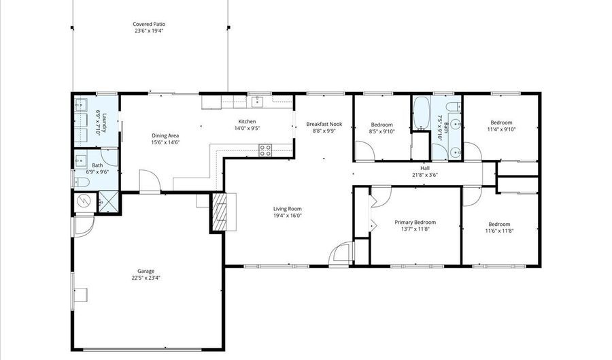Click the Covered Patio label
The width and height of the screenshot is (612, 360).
148,24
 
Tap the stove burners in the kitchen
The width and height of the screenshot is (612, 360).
265,149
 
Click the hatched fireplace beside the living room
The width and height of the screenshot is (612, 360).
220,212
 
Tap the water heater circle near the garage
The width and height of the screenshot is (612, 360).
84,201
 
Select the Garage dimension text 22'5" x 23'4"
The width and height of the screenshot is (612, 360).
146,278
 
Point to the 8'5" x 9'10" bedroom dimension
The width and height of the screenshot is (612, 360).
381,132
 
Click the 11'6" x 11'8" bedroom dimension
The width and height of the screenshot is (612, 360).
499,231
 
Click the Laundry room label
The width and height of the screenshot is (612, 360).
99,122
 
